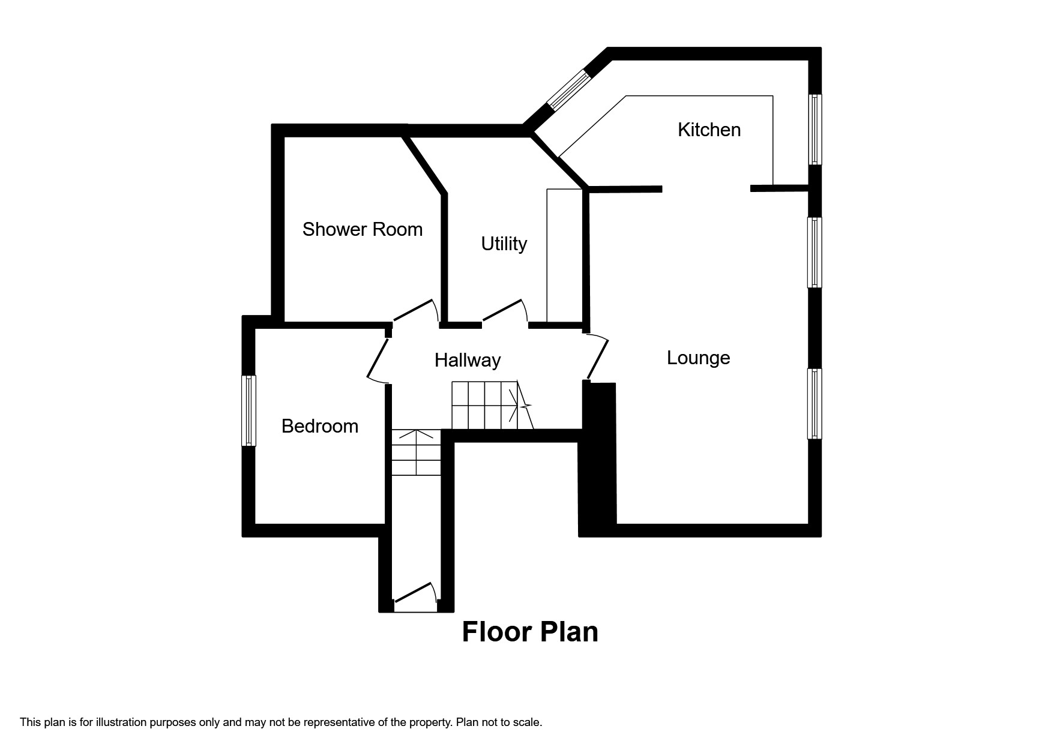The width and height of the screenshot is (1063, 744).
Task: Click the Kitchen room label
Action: [x=709, y=130]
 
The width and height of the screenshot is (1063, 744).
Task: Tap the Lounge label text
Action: [x=698, y=358]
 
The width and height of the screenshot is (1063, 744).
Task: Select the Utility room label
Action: [x=504, y=244]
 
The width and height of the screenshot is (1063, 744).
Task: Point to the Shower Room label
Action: [x=362, y=229]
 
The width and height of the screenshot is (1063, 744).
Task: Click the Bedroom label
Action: [x=319, y=426]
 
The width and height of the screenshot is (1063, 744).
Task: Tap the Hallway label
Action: [x=467, y=360]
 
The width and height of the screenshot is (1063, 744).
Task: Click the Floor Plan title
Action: [x=530, y=632]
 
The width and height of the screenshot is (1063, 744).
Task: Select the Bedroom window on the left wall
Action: [x=248, y=411]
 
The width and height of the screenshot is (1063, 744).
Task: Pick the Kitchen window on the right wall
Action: [x=815, y=130]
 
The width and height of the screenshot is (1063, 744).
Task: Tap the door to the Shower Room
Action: [x=414, y=310]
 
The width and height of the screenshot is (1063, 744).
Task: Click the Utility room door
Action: [x=504, y=310]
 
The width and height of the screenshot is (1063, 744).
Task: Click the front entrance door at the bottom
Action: [x=414, y=592]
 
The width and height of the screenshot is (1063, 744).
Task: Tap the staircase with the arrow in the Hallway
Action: [x=489, y=406]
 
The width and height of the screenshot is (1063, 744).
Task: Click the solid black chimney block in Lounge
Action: [x=598, y=456]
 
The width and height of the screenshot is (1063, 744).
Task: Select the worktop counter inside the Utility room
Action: [x=564, y=256]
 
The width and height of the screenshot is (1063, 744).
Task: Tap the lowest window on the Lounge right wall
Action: [x=815, y=404]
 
